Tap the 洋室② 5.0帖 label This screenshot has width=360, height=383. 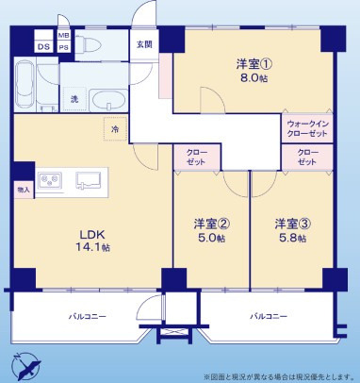click(209, 230)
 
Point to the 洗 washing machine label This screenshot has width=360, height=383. click(74, 98)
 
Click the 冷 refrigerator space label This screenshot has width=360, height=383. click(115, 129)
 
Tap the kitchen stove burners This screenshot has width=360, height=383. click(50, 177)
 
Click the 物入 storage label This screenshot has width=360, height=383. click(24, 190)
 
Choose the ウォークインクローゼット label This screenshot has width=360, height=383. click(306, 127)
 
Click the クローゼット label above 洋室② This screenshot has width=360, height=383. click(196, 157)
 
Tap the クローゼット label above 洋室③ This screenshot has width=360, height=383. click(307, 157)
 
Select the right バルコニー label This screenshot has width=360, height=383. click(269, 317)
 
